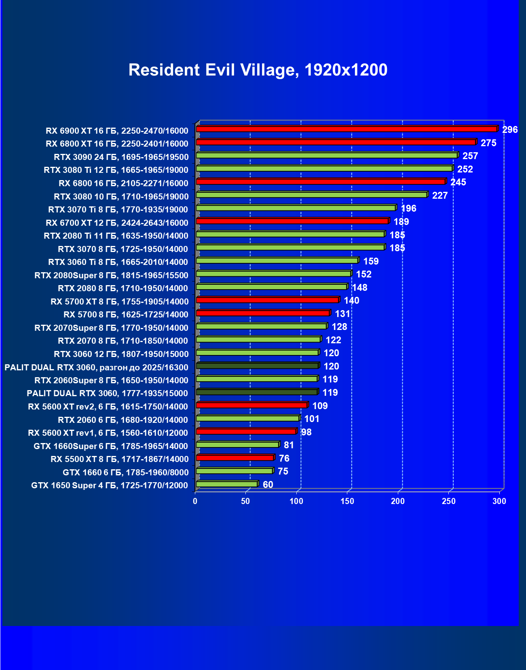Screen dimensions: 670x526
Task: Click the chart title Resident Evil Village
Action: coord(258,70)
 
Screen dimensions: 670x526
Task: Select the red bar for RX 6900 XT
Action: coord(346,129)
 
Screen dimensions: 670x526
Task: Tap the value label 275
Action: coord(488,143)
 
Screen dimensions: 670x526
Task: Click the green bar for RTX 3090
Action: coord(327,155)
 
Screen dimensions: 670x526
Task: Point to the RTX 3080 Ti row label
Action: coord(116,170)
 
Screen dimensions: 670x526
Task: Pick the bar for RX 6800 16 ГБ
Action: coord(321,182)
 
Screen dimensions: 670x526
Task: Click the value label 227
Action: coord(440,195)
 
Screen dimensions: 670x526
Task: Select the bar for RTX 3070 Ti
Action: coord(296,208)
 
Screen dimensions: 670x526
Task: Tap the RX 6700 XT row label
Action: coord(117,223)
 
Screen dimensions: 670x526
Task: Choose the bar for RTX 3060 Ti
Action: coord(277,260)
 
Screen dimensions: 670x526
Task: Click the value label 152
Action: coord(363,274)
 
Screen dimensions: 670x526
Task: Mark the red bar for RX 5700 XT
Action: coord(267,300)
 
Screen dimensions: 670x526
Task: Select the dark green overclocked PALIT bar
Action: coord(257,366)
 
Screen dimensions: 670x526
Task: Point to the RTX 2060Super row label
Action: coord(111,380)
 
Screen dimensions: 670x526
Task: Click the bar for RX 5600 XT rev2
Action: coord(251,405)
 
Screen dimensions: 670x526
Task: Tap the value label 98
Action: coord(306,432)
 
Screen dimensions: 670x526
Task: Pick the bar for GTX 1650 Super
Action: coord(226,484)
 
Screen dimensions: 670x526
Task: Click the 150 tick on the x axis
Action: coord(347,501)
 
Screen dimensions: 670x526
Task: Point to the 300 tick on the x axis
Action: coord(499,501)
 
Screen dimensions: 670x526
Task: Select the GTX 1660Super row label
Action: coord(111,446)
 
